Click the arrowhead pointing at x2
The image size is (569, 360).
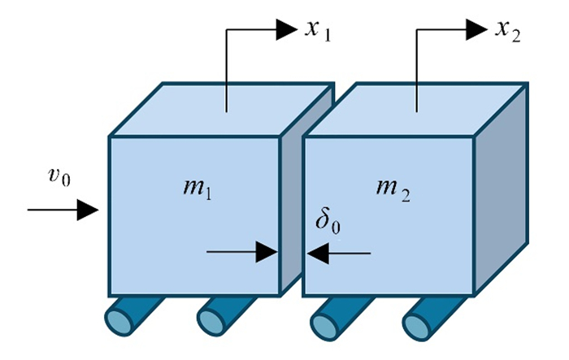(477, 30)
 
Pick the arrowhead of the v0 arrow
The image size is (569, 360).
(88, 210)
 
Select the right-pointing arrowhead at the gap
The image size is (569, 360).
(267, 253)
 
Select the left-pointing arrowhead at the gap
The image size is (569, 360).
(319, 253)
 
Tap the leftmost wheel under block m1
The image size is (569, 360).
(128, 318)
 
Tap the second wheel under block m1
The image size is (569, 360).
(219, 318)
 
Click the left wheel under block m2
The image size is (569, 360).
(331, 318)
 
